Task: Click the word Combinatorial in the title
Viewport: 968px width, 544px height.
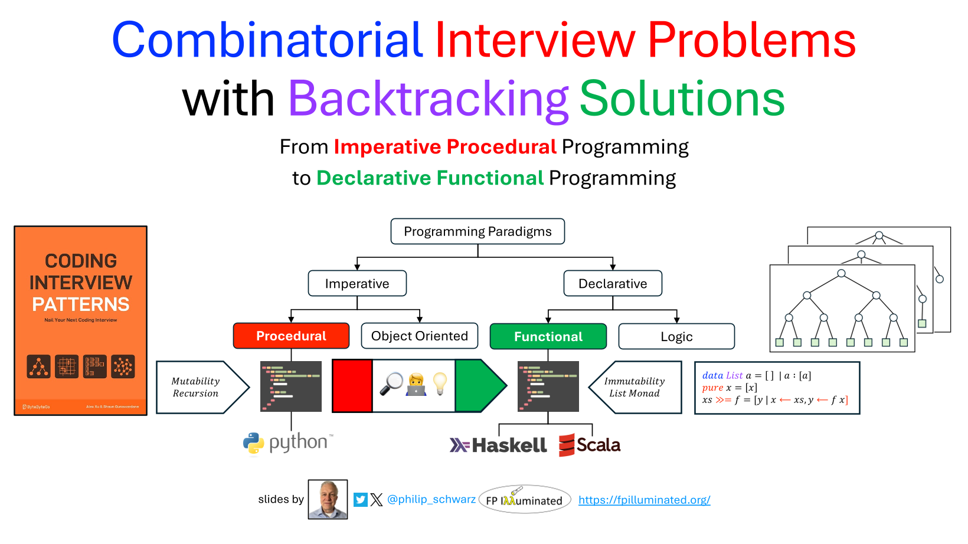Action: pyautogui.click(x=267, y=40)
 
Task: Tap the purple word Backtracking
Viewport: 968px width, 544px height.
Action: pyautogui.click(x=428, y=99)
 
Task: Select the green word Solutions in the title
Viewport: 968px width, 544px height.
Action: pyautogui.click(x=682, y=99)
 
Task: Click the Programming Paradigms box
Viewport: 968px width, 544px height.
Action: pyautogui.click(x=478, y=231)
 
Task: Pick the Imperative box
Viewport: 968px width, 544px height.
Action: pyautogui.click(x=357, y=284)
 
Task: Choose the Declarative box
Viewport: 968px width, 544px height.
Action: pyautogui.click(x=613, y=284)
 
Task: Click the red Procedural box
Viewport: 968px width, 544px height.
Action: pyautogui.click(x=291, y=336)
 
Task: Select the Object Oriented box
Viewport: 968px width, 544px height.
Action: pyautogui.click(x=419, y=336)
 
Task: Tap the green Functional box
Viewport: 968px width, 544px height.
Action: pyautogui.click(x=548, y=336)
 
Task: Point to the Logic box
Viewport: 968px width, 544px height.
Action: pyautogui.click(x=676, y=336)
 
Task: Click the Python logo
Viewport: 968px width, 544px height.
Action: pyautogui.click(x=287, y=443)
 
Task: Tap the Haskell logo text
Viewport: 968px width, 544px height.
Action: pyautogui.click(x=499, y=445)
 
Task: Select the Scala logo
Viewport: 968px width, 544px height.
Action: pyautogui.click(x=590, y=445)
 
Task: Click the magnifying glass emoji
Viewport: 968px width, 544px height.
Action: pyautogui.click(x=391, y=384)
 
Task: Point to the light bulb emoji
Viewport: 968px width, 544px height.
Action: pyautogui.click(x=440, y=384)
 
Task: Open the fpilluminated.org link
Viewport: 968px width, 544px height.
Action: pyautogui.click(x=644, y=500)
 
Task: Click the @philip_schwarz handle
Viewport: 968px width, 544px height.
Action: pyautogui.click(x=431, y=499)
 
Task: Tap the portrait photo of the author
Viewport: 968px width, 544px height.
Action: pyautogui.click(x=328, y=499)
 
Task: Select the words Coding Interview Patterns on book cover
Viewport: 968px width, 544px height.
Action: pyautogui.click(x=81, y=283)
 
